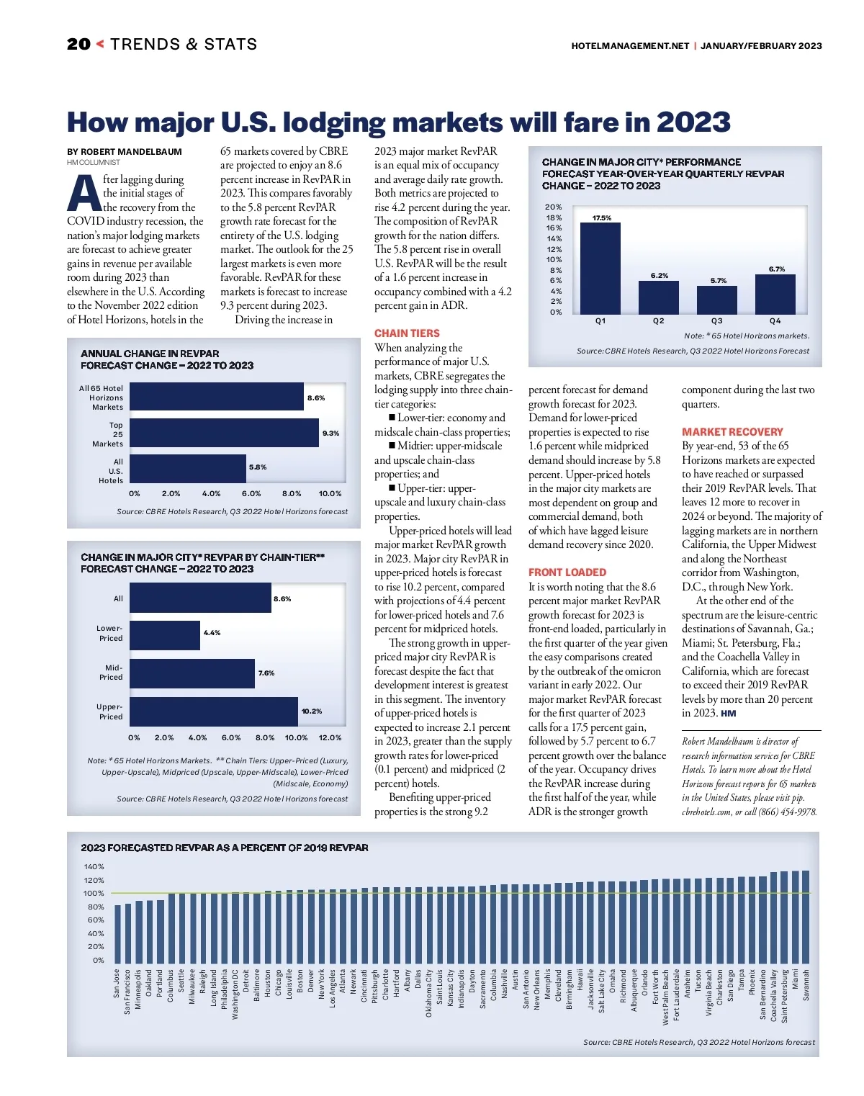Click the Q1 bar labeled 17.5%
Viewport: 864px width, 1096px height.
[600, 268]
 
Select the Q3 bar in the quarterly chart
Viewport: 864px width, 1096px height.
[716, 300]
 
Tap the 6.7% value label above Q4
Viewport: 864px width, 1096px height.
[776, 269]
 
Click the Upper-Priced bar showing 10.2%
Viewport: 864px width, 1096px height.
[213, 711]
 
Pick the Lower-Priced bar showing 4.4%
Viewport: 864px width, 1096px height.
[164, 635]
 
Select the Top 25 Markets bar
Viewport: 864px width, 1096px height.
[224, 434]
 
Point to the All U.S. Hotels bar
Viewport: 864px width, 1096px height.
[187, 468]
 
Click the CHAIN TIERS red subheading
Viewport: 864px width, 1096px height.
[407, 333]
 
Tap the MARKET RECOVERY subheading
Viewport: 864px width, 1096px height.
[732, 432]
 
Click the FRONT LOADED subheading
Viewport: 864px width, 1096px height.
[567, 572]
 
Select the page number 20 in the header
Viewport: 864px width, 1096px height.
[78, 45]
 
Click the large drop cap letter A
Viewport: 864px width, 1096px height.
[84, 195]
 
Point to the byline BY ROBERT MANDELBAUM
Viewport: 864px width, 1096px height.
[125, 152]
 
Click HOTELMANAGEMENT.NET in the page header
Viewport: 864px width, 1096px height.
[630, 45]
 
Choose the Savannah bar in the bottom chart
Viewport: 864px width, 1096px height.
[806, 915]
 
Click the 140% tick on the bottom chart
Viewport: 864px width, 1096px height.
[94, 867]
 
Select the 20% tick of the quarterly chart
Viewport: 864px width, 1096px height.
[554, 207]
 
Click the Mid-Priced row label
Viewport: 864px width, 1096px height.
[111, 673]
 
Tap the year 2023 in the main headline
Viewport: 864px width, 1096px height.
[693, 122]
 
